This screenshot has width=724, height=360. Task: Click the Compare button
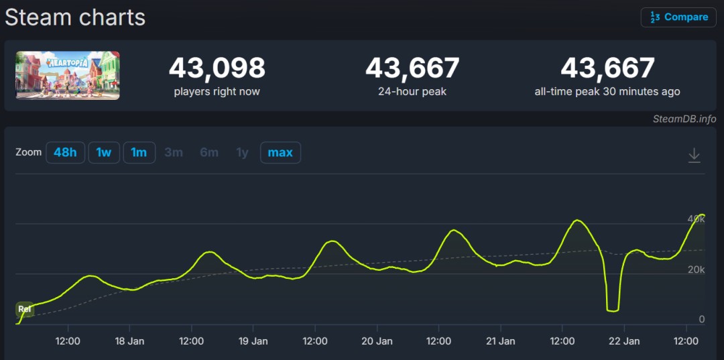point(678,17)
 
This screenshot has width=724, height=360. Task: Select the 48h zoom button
point(65,153)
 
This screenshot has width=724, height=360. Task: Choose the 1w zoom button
point(103,153)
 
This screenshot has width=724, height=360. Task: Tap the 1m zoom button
point(139,153)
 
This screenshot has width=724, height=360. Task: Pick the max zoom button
point(280,153)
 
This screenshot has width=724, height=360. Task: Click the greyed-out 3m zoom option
point(174,153)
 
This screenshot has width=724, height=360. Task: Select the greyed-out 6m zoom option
point(209,153)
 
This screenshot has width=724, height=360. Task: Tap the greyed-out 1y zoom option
point(242,153)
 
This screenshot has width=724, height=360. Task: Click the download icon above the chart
point(695,156)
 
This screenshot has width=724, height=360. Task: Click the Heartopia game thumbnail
point(68,75)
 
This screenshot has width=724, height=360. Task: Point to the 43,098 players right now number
point(217,68)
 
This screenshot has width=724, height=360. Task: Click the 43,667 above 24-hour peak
point(412,68)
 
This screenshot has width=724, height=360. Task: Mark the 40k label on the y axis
point(696,219)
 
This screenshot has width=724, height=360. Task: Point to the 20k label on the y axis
point(696,269)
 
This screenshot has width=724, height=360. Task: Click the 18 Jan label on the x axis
point(129,341)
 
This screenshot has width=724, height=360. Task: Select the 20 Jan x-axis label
point(377,341)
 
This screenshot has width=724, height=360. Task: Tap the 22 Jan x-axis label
point(624,341)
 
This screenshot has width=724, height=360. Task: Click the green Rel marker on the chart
point(25,309)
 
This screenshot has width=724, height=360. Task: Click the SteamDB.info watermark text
point(684,119)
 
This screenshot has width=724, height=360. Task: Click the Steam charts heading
point(75,17)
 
